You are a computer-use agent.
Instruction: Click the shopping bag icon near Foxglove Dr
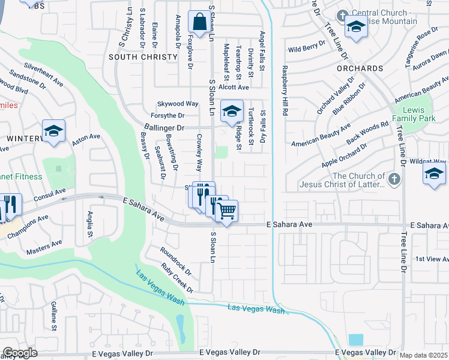click(199, 22)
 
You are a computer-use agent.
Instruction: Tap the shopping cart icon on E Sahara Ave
click(226, 211)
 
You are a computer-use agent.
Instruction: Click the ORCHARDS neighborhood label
click(360, 68)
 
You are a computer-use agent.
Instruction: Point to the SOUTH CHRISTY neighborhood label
click(143, 57)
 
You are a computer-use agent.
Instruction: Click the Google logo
click(20, 353)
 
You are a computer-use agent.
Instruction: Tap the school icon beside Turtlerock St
click(232, 111)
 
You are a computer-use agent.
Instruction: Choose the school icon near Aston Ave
click(53, 131)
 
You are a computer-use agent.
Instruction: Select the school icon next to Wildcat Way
click(434, 174)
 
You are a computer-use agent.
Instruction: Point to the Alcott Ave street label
click(234, 88)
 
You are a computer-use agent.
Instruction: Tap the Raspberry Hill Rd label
click(286, 91)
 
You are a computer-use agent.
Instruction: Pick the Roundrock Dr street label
click(175, 260)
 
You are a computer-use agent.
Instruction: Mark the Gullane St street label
click(53, 316)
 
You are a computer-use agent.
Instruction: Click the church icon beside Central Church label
click(343, 15)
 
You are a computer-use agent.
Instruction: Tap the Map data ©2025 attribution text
click(423, 356)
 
